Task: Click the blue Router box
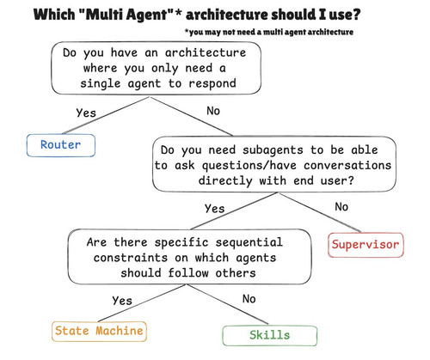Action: pyautogui.click(x=61, y=145)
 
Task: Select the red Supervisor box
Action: pyautogui.click(x=365, y=245)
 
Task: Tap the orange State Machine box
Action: pyautogui.click(x=99, y=331)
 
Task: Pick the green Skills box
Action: pyautogui.click(x=270, y=335)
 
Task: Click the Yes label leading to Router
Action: pyautogui.click(x=86, y=113)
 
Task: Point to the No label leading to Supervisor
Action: pyautogui.click(x=341, y=207)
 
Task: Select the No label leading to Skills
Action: pyautogui.click(x=249, y=299)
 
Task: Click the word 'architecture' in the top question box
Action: pyautogui.click(x=206, y=52)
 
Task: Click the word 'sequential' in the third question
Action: pyautogui.click(x=249, y=242)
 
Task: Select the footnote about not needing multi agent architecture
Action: pyautogui.click(x=269, y=32)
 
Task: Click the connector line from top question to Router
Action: pyautogui.click(x=106, y=115)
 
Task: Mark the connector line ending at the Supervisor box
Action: pyautogui.click(x=319, y=212)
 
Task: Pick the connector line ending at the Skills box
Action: pyautogui.click(x=228, y=304)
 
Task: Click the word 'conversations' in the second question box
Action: pyautogui.click(x=347, y=166)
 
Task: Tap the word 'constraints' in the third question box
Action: pyautogui.click(x=131, y=258)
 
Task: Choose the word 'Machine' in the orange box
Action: pyautogui.click(x=120, y=331)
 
